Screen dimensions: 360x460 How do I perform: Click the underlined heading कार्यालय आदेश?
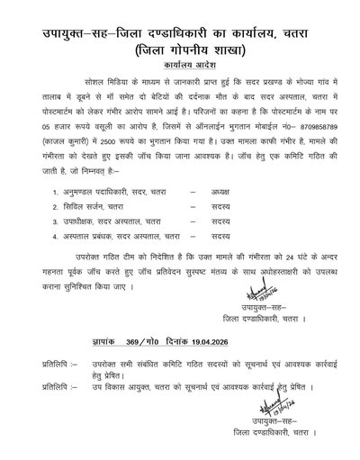pyautogui.click(x=180, y=66)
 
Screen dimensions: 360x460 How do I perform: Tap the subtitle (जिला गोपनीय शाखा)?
pyautogui.click(x=180, y=48)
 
